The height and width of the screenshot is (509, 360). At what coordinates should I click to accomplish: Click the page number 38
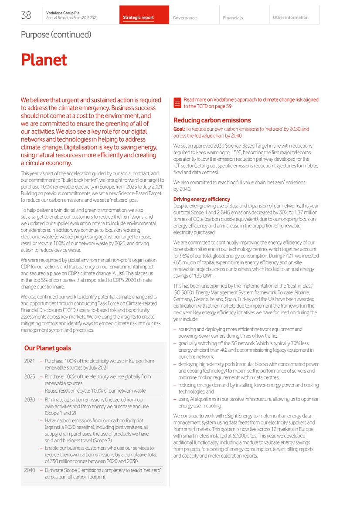pyautogui.click(x=26, y=15)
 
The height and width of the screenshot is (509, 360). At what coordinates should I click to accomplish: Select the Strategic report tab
pyautogui.click(x=138, y=18)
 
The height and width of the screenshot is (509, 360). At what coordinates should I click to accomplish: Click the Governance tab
pyautogui.click(x=185, y=18)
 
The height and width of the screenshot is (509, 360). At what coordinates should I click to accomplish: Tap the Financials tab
pyautogui.click(x=233, y=18)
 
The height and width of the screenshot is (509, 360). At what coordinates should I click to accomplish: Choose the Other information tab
pyautogui.click(x=290, y=18)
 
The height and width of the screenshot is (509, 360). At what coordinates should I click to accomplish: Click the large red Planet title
pyautogui.click(x=44, y=60)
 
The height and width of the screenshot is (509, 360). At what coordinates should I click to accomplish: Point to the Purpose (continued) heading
pyautogui.click(x=56, y=34)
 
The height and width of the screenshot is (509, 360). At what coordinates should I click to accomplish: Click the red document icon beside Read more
pyautogui.click(x=177, y=103)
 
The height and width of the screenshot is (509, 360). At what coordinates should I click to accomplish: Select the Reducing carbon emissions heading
pyautogui.click(x=212, y=120)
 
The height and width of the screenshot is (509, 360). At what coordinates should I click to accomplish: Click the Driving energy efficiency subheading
pyautogui.click(x=202, y=199)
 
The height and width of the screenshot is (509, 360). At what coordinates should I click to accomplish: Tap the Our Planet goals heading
pyautogui.click(x=48, y=348)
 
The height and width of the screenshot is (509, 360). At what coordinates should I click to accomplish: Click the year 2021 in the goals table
pyautogui.click(x=30, y=361)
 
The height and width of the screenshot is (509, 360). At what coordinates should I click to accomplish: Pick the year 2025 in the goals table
pyautogui.click(x=30, y=377)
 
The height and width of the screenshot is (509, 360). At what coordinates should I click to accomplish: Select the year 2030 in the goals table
pyautogui.click(x=30, y=400)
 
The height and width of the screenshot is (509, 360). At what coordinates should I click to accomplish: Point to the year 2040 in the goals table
pyautogui.click(x=30, y=470)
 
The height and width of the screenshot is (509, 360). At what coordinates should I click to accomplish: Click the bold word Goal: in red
pyautogui.click(x=179, y=129)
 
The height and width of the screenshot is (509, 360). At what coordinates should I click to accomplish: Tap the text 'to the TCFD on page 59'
pyautogui.click(x=207, y=106)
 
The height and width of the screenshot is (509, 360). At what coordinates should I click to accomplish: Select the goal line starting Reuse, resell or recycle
pyautogui.click(x=95, y=391)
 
